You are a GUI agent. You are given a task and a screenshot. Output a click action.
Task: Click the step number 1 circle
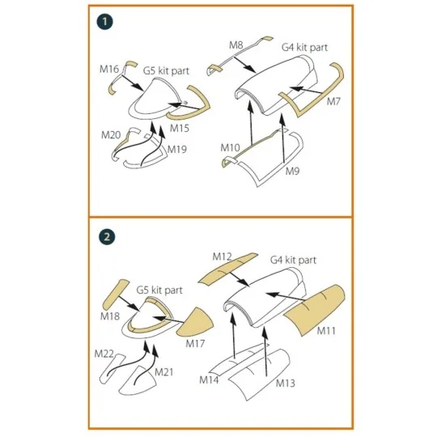point(104,22)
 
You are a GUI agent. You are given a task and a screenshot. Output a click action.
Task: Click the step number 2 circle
point(107,237)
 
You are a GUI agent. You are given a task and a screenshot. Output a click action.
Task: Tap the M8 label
point(236,45)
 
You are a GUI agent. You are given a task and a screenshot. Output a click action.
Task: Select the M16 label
point(109,69)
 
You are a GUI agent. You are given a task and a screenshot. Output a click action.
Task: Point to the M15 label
point(180,128)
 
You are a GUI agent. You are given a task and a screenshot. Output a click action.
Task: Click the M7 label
point(333,102)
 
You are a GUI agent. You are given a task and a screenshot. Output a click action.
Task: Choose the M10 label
point(230,148)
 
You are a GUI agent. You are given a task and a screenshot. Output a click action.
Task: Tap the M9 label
point(292,171)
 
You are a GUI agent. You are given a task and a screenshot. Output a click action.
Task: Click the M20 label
point(111,135)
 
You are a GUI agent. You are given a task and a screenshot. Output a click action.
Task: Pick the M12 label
point(222,257)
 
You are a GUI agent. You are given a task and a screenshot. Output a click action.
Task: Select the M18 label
point(110,316)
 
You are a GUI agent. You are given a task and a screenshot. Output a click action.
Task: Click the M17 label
point(195,344)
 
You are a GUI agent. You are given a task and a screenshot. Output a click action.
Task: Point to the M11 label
point(326,331)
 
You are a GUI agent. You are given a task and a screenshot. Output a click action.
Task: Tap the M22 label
point(104,354)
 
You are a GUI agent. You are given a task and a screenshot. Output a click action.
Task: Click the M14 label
point(209,380)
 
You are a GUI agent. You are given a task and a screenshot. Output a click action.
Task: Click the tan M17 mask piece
point(195,323)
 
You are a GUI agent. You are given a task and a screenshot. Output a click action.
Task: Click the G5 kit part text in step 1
point(166,70)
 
